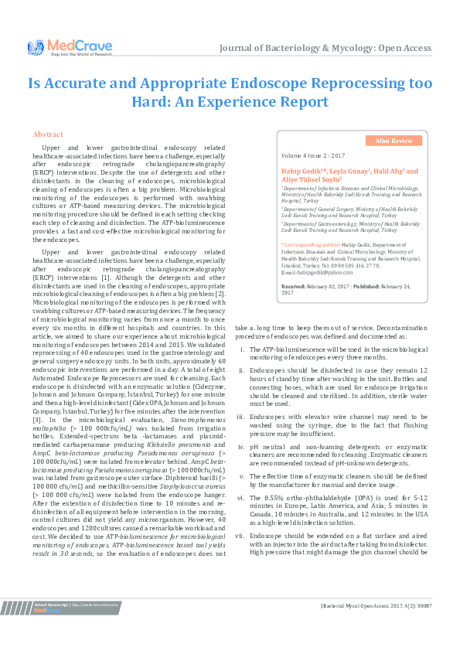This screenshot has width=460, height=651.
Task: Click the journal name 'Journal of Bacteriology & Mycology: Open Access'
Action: pos(325,48)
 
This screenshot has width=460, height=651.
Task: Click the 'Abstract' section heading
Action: pos(48,134)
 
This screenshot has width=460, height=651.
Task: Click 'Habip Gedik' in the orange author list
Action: pos(302,172)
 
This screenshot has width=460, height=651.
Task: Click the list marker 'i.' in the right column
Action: pos(243,351)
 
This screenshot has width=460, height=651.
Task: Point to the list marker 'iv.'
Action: pos(242,448)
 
